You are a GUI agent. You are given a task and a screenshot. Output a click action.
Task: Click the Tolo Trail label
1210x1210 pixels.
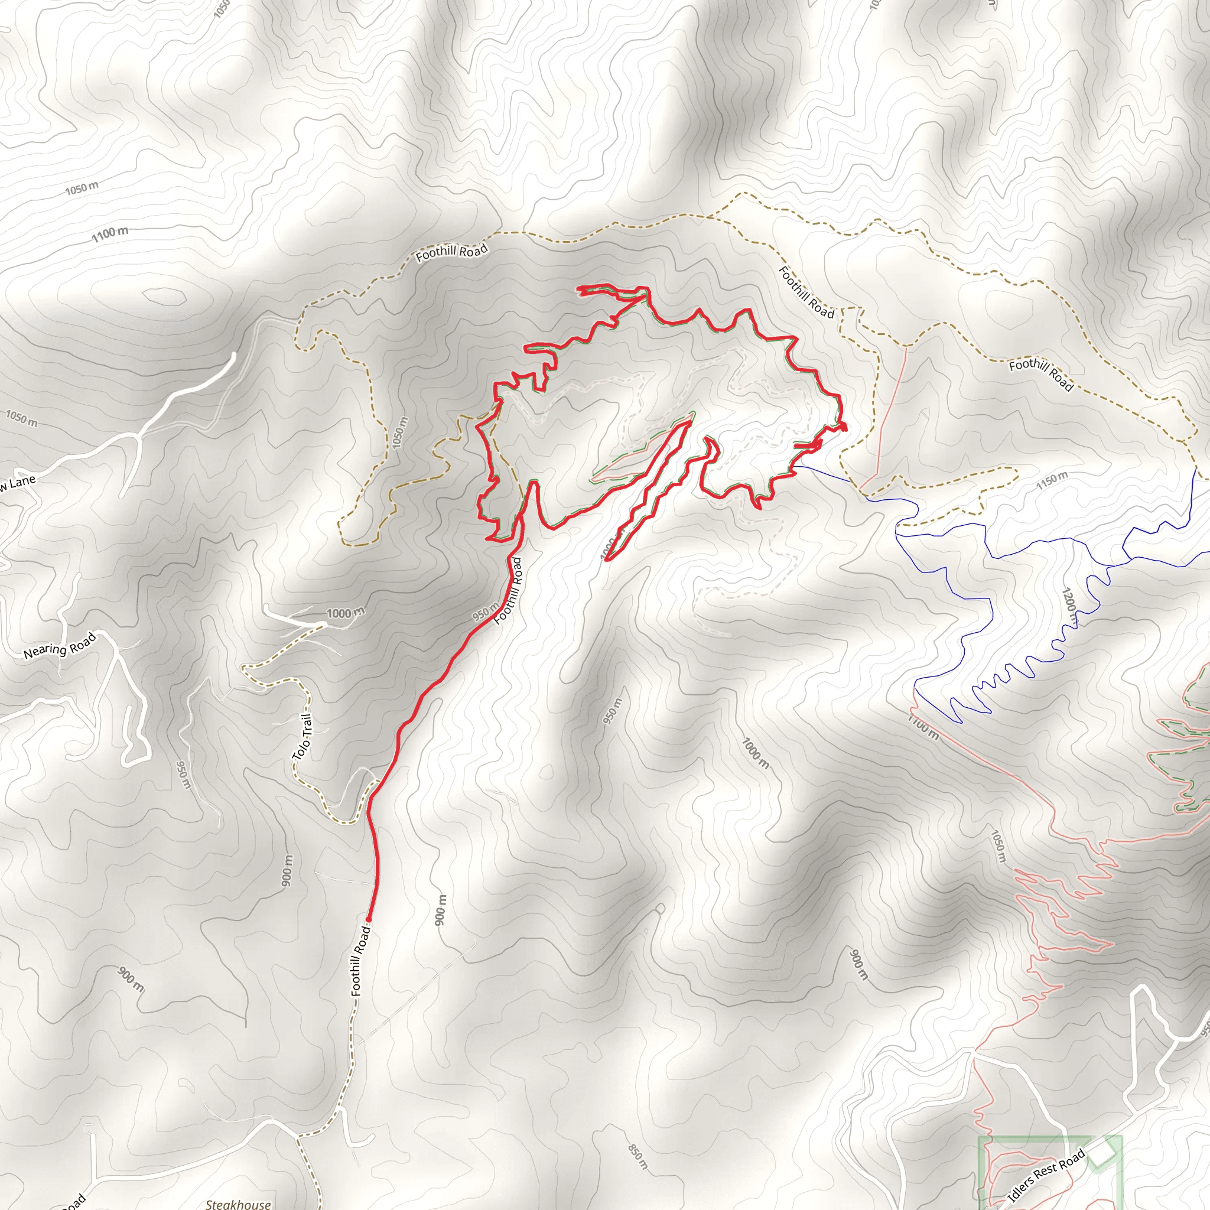303,737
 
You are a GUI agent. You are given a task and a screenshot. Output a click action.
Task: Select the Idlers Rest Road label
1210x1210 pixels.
1046,1176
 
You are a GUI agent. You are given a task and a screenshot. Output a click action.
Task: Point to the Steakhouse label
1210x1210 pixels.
238,1204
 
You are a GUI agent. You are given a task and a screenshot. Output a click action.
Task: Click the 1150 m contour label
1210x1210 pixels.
1052,480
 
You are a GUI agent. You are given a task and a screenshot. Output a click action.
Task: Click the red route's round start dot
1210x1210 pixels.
368,919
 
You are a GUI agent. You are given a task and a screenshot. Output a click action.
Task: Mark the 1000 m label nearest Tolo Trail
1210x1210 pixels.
345,613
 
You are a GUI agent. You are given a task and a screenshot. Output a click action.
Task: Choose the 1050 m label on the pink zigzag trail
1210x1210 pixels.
998,845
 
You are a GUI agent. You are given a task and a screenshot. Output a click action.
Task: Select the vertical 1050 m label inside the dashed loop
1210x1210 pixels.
399,432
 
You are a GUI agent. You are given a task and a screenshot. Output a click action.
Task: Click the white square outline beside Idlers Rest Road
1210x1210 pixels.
1103,1152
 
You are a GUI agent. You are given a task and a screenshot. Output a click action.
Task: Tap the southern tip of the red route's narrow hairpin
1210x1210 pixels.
607,560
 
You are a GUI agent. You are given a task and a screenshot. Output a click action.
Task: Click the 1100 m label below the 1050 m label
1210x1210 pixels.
110,233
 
